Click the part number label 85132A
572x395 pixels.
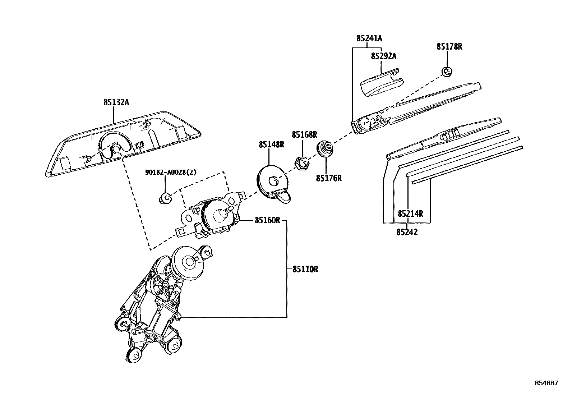pos(116,102)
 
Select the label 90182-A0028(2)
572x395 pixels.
pos(171,173)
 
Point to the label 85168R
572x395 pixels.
pos(304,135)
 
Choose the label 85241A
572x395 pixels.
pos(369,38)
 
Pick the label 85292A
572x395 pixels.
pos(384,56)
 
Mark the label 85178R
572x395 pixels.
pos(449,46)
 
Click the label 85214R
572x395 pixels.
pos(410,214)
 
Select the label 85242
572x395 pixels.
pos(407,232)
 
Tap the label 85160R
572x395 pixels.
pos(267,220)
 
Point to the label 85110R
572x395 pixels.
pos(305,269)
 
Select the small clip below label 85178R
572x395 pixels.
pos(447,71)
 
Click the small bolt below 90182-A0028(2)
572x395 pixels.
pos(165,198)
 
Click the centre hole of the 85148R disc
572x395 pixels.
pos(273,179)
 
